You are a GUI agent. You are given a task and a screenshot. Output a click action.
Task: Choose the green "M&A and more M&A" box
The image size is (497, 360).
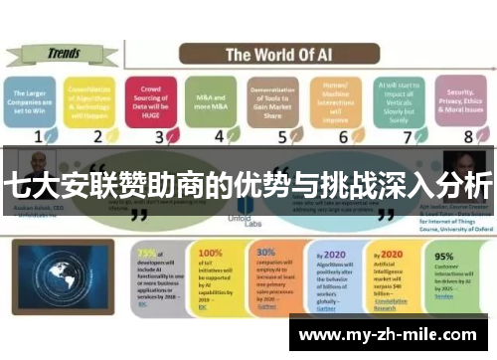[x=211, y=99]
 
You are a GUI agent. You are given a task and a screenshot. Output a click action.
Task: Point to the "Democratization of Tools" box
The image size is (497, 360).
[x=271, y=99]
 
